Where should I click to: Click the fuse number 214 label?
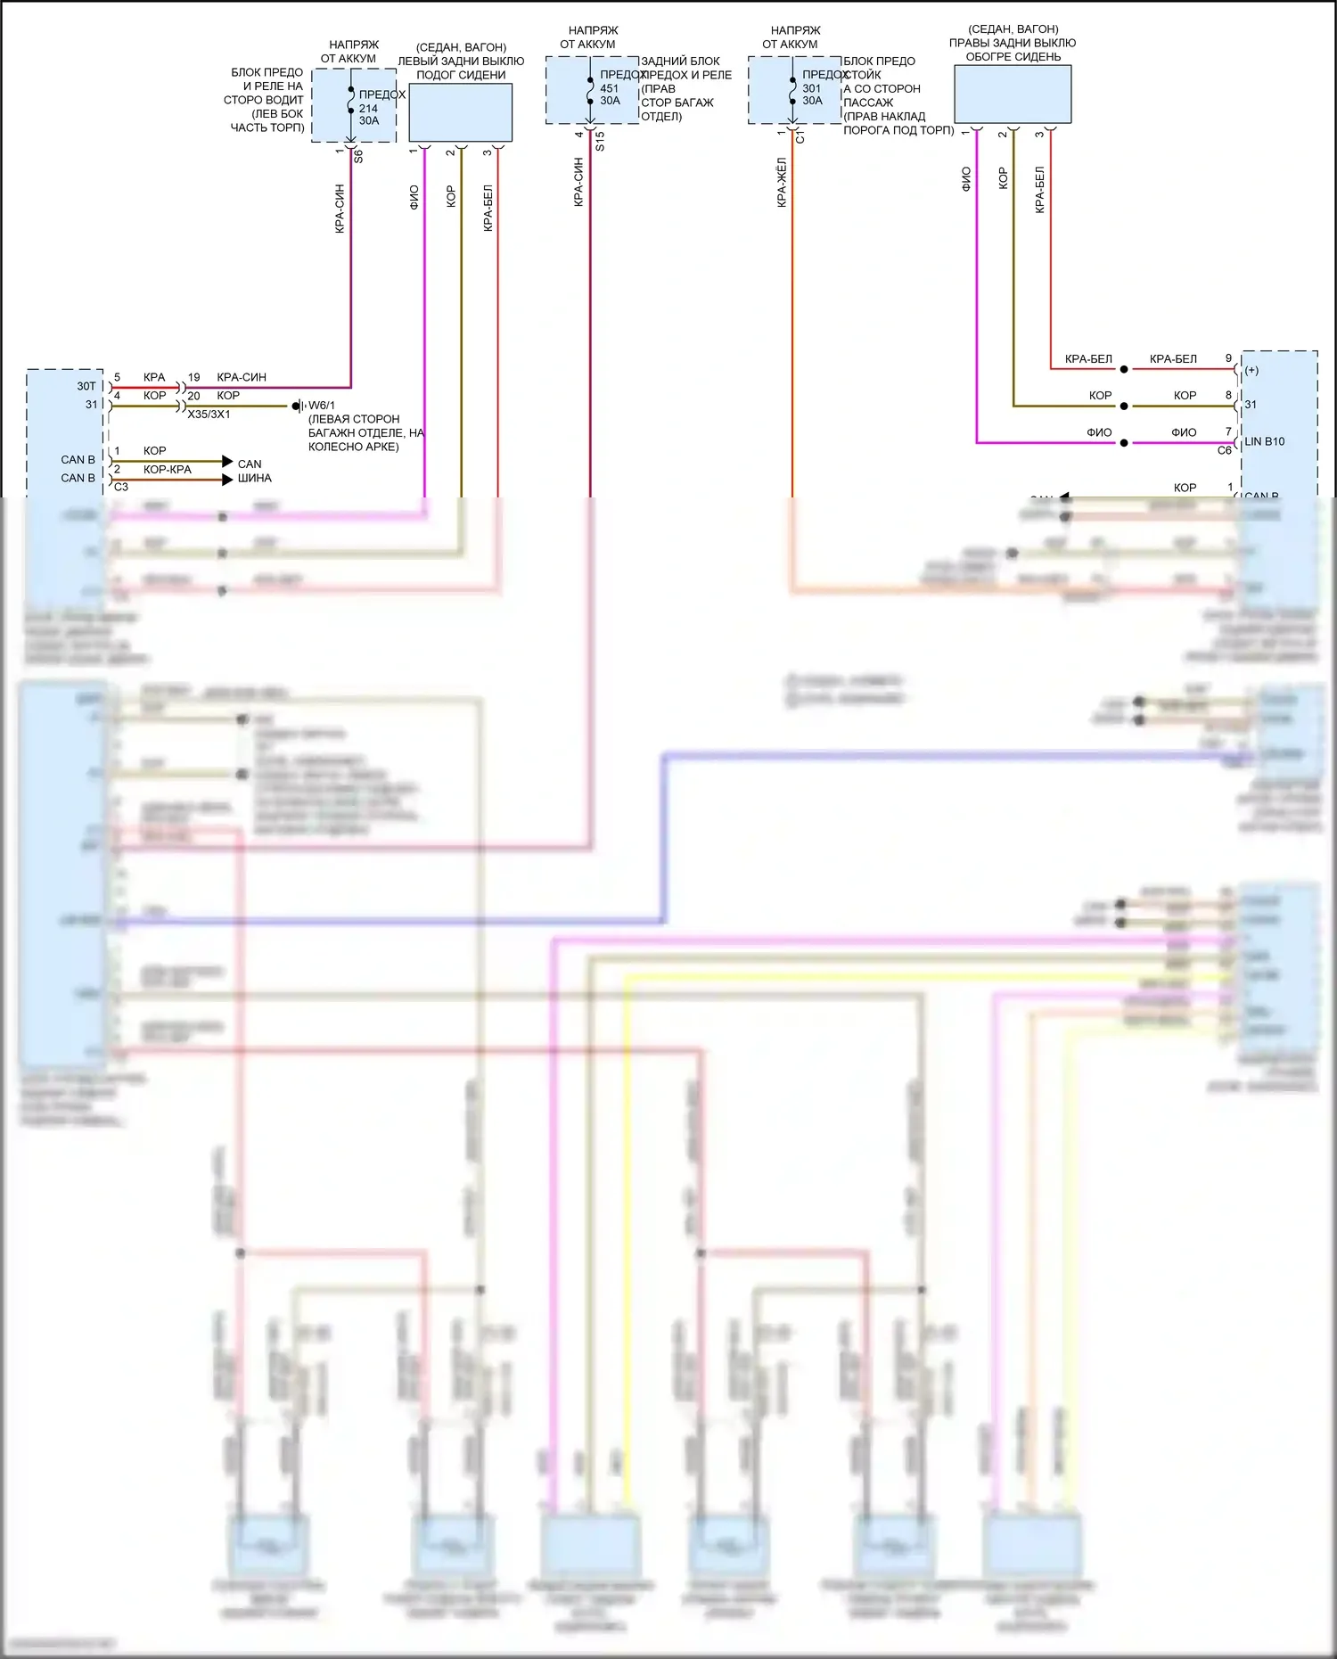point(368,109)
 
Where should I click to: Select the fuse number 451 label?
point(610,88)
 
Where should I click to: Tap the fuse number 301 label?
point(812,88)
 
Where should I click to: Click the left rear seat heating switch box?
point(460,112)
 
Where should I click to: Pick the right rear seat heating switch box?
point(1013,94)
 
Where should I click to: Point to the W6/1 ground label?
point(321,406)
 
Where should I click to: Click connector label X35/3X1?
point(209,415)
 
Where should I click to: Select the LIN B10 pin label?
point(1265,441)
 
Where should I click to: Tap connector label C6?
point(1225,451)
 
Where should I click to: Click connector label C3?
point(121,487)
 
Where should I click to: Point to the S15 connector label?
point(600,141)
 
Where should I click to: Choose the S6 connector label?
point(358,155)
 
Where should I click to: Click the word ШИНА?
point(254,478)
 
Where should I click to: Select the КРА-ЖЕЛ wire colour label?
point(782,183)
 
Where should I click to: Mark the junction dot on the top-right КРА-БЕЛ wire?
point(1124,369)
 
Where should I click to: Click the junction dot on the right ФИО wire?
point(1124,443)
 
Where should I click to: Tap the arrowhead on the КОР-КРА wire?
point(227,480)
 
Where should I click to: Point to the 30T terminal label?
point(86,386)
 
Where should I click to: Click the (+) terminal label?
point(1251,370)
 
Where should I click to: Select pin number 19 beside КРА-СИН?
point(193,377)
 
